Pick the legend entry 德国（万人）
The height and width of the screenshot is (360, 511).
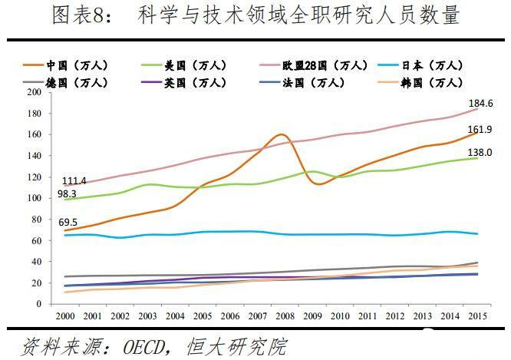pos(74,81)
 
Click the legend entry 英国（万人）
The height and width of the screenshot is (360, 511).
pos(190,81)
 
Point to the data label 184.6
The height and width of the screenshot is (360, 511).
pos(480,103)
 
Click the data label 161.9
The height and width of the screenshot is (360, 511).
pos(480,130)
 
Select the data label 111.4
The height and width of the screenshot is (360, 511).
pos(74,180)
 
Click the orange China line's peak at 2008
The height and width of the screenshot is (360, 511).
pos(281,135)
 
